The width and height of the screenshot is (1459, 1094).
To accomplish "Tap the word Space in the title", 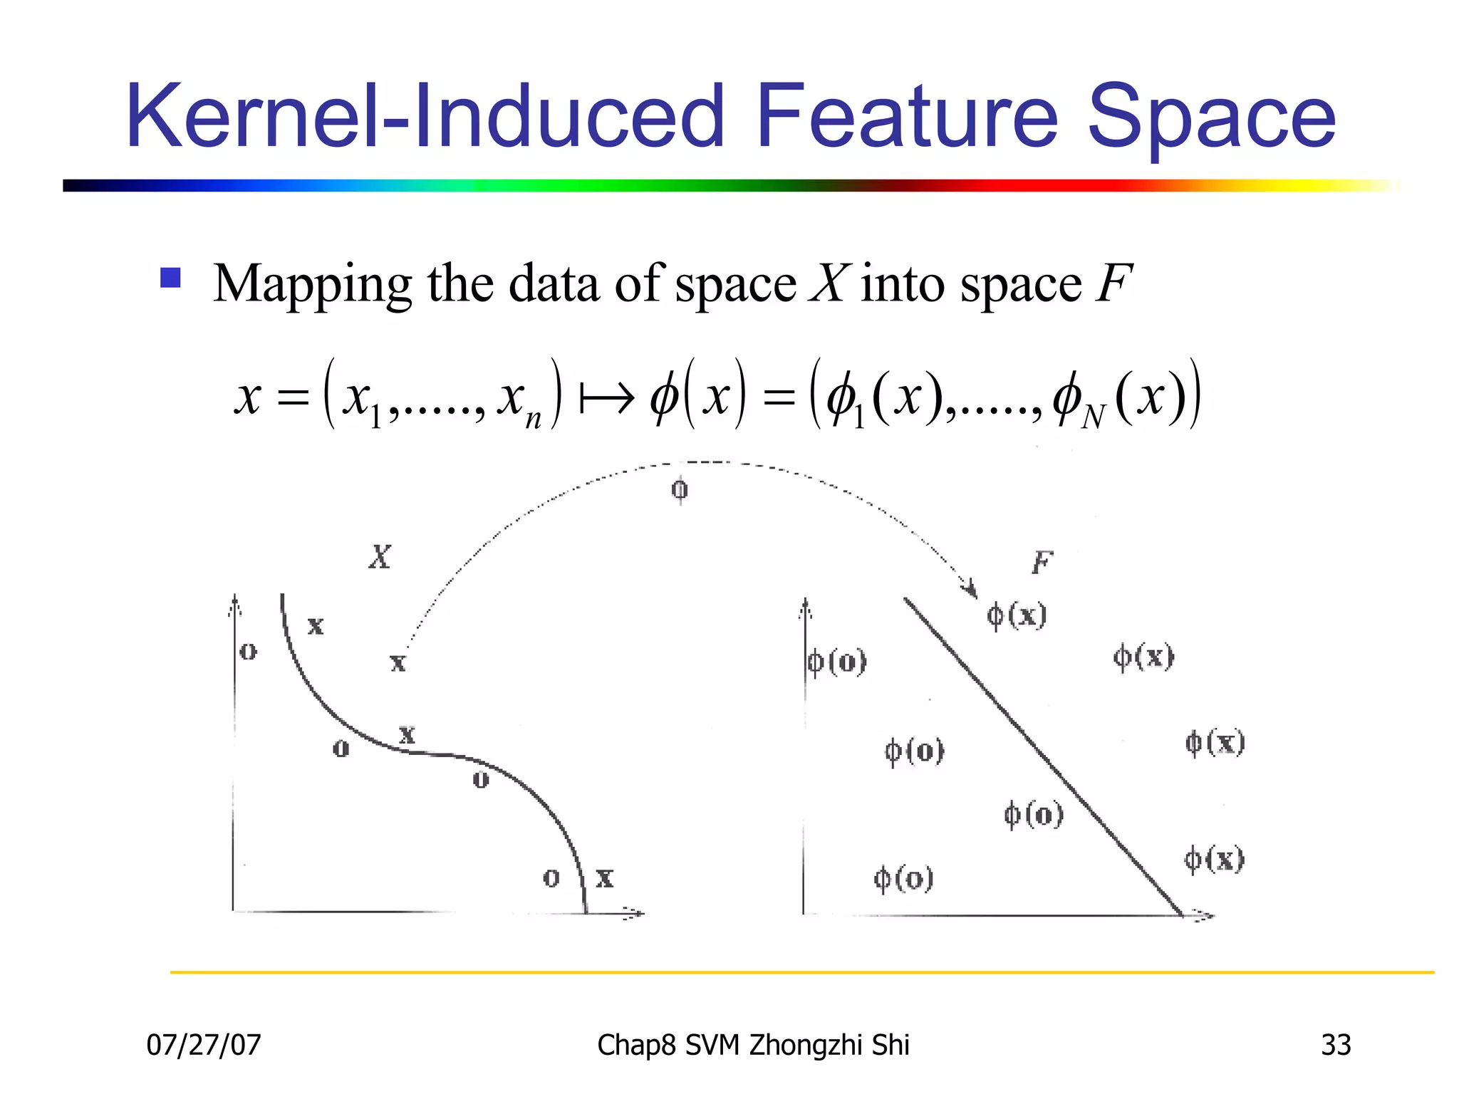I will click(1211, 118).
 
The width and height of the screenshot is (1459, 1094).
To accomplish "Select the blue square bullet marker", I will click(171, 277).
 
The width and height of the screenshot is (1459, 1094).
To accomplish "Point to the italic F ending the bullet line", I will click(1113, 283).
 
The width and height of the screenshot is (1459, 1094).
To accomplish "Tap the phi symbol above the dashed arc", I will click(680, 490).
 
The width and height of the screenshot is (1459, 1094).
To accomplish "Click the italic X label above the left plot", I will click(380, 556).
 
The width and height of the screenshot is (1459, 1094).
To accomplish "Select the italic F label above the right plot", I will click(1042, 563).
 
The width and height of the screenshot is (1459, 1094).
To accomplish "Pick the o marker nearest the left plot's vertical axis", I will click(248, 651).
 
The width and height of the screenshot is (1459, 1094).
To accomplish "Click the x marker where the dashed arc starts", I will click(398, 663).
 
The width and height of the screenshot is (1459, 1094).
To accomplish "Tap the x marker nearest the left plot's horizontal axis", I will click(604, 877).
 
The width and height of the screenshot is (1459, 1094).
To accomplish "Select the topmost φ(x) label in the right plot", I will click(1017, 615).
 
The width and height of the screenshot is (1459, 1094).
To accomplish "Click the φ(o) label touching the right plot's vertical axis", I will click(837, 662).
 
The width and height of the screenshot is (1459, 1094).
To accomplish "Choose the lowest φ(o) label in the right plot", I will click(903, 878).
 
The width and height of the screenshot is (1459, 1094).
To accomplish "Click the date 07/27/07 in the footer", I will click(204, 1045).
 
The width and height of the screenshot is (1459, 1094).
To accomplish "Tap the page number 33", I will click(1336, 1045).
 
